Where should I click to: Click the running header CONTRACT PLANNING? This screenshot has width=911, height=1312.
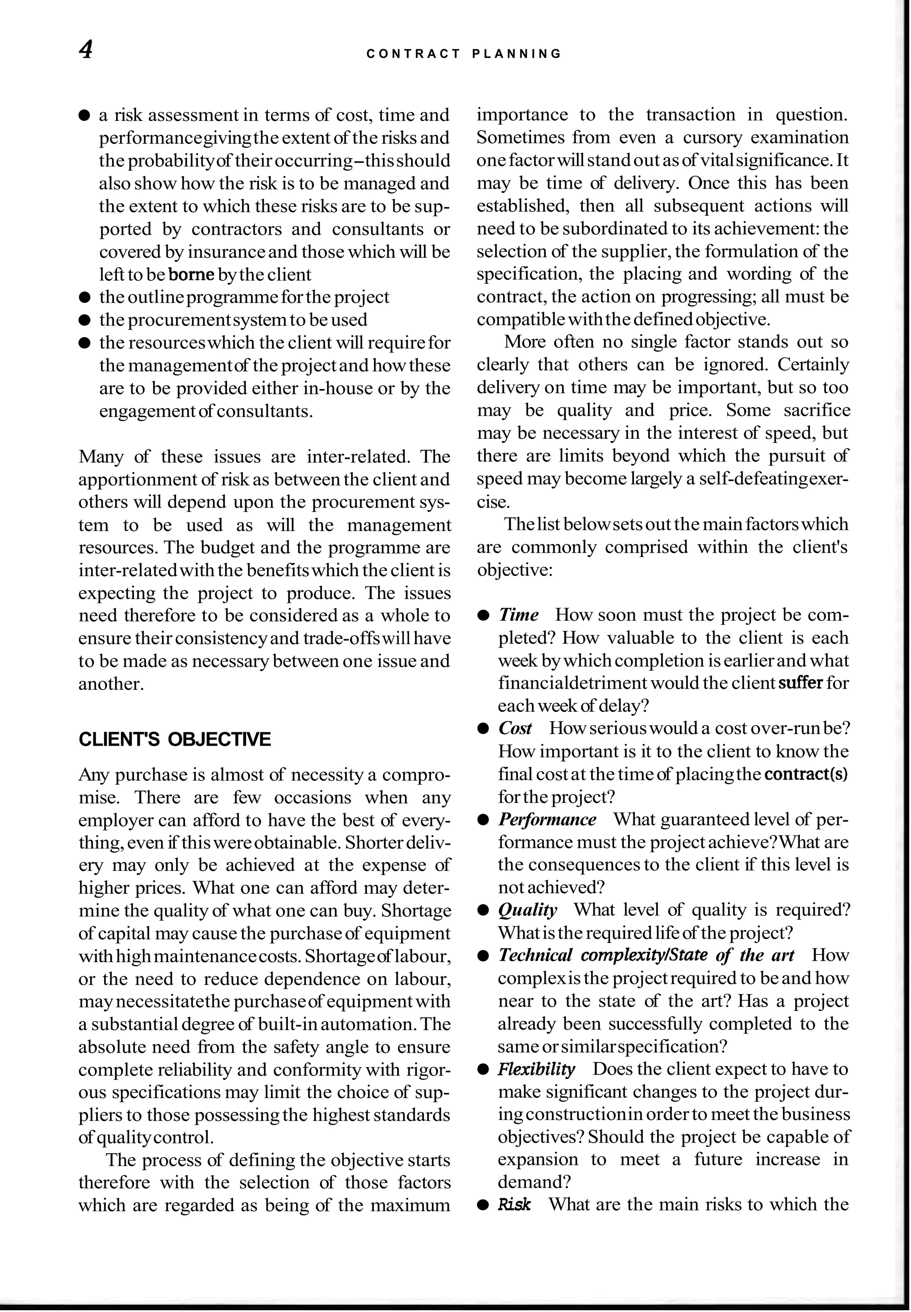tap(464, 54)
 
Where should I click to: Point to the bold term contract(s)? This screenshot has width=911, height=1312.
tap(806, 774)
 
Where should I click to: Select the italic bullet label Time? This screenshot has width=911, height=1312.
tap(518, 615)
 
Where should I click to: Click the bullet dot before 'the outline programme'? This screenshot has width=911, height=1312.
tap(85, 298)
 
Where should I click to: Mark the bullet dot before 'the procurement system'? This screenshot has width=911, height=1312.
tap(85, 321)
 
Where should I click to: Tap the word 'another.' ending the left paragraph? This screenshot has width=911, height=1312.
tap(111, 684)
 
